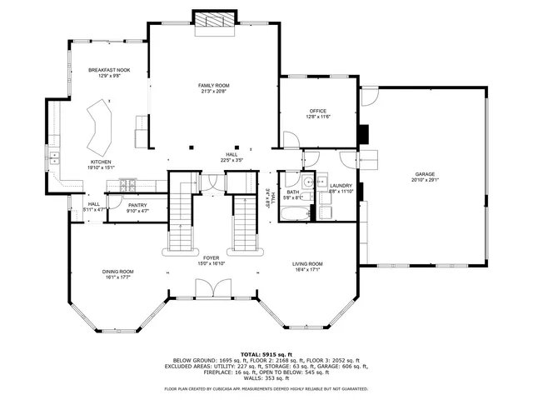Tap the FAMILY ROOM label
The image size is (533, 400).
coord(213,86)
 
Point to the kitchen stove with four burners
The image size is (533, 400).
coord(127,183)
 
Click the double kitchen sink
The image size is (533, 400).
coord(54,156)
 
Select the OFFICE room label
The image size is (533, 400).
coord(317,111)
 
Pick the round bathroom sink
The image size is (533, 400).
coord(306,183)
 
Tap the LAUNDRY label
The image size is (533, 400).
coord(341,186)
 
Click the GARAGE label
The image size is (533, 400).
coord(424,174)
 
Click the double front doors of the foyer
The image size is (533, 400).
coord(213,288)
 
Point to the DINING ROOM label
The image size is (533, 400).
coord(117,271)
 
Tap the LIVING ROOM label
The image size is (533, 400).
coord(307,264)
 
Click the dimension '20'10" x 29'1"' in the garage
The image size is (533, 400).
coord(424,180)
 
